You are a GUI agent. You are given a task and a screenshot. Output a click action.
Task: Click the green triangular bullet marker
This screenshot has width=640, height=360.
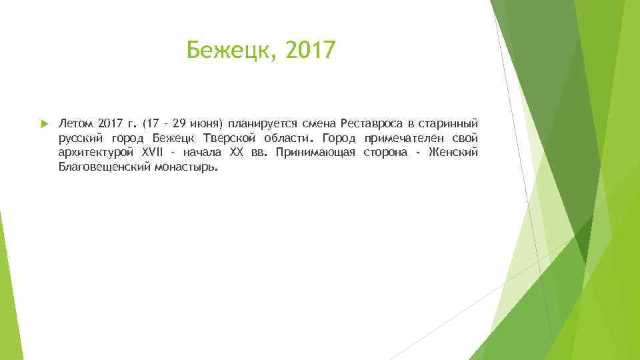click(43, 124)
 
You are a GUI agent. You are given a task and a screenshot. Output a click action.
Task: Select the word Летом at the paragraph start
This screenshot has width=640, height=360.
click(75, 124)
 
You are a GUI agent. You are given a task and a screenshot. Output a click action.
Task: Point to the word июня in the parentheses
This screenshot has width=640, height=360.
click(207, 124)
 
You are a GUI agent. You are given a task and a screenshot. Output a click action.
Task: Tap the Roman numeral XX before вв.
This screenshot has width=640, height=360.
click(237, 153)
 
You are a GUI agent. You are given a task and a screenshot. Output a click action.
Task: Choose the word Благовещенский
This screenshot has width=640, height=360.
click(104, 168)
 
